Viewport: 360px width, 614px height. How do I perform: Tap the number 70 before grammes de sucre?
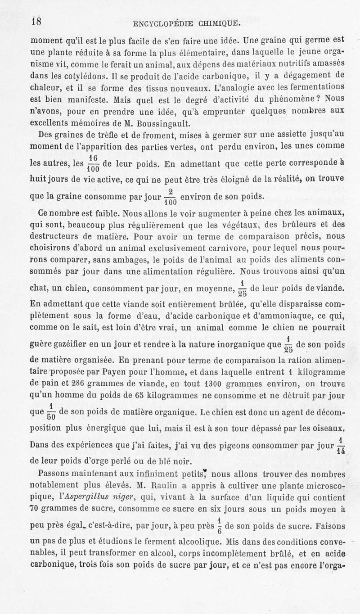[x=36, y=510]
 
